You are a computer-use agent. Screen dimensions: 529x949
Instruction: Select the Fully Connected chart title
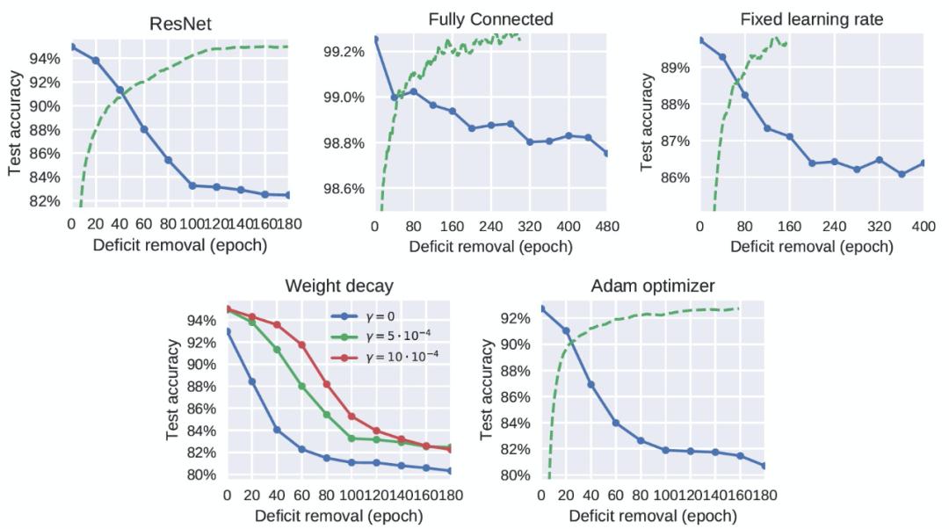pyautogui.click(x=490, y=19)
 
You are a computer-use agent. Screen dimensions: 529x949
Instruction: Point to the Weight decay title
pyautogui.click(x=338, y=286)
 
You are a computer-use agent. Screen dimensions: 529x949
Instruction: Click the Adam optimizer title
pyautogui.click(x=653, y=286)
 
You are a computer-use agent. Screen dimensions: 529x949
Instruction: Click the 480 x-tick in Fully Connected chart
pyautogui.click(x=607, y=225)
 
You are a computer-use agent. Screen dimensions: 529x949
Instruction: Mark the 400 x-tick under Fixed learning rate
pyautogui.click(x=923, y=225)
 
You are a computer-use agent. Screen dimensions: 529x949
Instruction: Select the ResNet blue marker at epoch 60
pyautogui.click(x=143, y=129)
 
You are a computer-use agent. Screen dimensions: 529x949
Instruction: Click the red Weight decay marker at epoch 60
pyautogui.click(x=302, y=344)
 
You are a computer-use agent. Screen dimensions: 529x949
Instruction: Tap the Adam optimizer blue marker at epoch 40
pyautogui.click(x=590, y=385)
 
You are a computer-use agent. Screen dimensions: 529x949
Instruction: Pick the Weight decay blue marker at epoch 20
pyautogui.click(x=253, y=381)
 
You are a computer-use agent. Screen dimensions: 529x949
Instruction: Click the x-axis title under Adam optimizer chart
pyautogui.click(x=653, y=516)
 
